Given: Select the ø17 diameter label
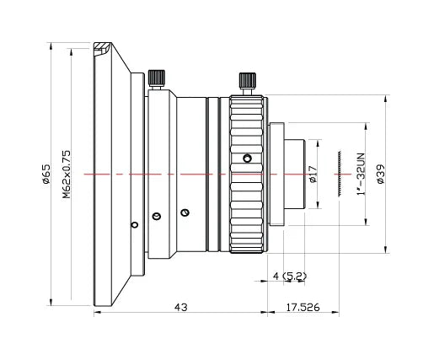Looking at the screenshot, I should (x=313, y=175).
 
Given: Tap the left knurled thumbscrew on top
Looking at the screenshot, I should (x=155, y=78).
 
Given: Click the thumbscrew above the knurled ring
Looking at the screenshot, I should (x=246, y=83).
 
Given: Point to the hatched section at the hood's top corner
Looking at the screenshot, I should (x=102, y=49).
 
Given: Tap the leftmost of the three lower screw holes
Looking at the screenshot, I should (x=132, y=224).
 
